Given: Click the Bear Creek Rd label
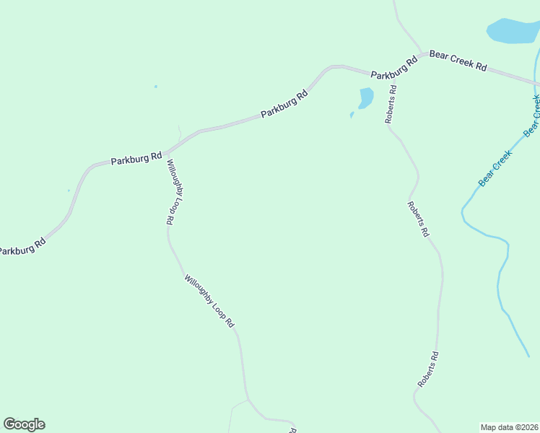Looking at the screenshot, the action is (x=458, y=61).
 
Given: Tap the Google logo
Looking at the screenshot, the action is (x=24, y=424).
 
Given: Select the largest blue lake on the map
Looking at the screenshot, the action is (x=514, y=30).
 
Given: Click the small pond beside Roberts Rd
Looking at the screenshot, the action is (x=366, y=97).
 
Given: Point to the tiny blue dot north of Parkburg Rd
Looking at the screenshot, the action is (x=155, y=87).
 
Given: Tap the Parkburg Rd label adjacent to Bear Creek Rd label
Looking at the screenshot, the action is (x=394, y=69).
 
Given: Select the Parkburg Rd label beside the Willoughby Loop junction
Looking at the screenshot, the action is (x=136, y=158).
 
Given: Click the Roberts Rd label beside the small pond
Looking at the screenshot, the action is (x=391, y=105).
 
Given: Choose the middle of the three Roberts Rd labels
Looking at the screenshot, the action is (x=418, y=219).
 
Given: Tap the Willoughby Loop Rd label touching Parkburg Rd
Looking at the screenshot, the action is (x=173, y=193).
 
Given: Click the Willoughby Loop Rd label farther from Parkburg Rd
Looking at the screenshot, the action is (x=209, y=302).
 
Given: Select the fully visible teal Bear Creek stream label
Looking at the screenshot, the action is (x=495, y=167).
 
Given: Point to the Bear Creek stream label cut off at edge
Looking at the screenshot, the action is (x=533, y=115).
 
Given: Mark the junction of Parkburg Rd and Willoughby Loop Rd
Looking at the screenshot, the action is (x=166, y=153).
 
